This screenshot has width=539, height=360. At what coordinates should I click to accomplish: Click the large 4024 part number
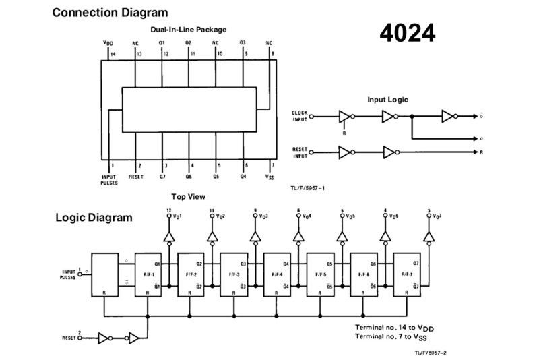point(407,33)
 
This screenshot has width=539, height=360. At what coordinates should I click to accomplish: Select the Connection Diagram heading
point(110,13)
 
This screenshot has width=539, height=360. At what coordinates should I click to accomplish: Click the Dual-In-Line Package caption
point(189,30)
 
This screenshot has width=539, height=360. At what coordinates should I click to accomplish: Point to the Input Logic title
point(387,100)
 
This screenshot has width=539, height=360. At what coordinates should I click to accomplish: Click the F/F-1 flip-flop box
point(148,275)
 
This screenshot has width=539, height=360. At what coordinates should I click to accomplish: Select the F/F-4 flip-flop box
point(277,275)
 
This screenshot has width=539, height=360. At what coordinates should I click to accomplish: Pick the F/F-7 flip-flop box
point(406,275)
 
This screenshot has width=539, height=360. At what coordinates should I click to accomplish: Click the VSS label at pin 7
point(269,177)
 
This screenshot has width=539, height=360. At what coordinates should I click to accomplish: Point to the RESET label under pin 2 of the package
point(137,177)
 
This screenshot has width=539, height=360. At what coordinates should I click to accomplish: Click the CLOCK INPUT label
point(299,116)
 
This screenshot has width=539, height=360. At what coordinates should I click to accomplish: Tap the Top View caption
point(188,197)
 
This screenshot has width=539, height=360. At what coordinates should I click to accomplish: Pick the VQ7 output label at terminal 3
point(433,216)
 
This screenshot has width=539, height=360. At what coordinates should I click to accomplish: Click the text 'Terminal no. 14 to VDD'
point(393,326)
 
